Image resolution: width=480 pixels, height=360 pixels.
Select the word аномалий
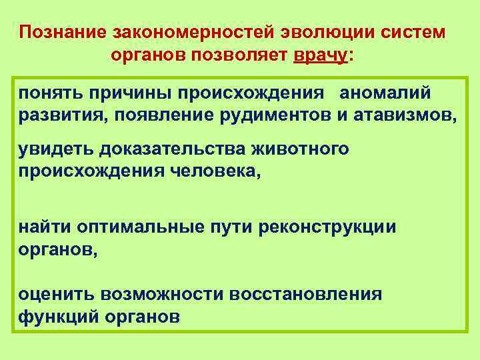coord(377,91)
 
